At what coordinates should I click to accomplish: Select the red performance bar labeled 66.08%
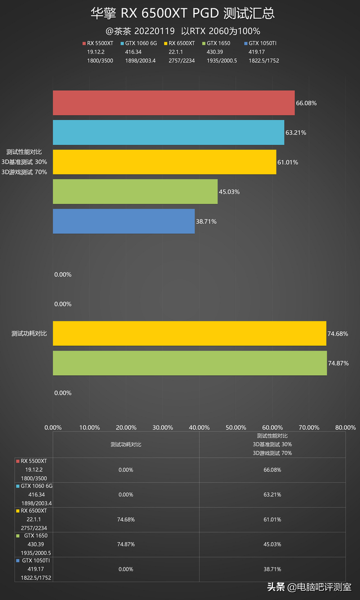[x=173, y=103]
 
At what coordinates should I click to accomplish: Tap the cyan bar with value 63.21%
[x=168, y=133]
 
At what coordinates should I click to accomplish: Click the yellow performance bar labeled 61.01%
[x=164, y=162]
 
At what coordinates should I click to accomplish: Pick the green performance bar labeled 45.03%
[x=135, y=192]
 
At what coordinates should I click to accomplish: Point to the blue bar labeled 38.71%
[x=124, y=221]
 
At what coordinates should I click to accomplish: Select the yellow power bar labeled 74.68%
[x=190, y=333]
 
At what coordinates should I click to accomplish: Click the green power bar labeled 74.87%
[x=190, y=363]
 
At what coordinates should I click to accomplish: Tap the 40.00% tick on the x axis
[x=199, y=427]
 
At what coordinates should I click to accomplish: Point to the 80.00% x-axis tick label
[x=345, y=427]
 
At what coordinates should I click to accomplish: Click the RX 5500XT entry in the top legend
[x=100, y=43]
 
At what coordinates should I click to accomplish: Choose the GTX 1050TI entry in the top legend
[x=263, y=43]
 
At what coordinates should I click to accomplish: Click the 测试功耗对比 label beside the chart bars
[x=29, y=333]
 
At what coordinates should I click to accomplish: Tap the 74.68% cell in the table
[x=126, y=520]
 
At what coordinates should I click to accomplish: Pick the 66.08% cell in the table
[x=272, y=470]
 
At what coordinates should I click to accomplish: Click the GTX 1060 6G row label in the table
[x=36, y=485]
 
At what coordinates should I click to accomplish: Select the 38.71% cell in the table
[x=272, y=569]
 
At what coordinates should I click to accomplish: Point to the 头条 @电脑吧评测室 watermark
[x=309, y=587]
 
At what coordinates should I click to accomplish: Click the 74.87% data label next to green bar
[x=338, y=363]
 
